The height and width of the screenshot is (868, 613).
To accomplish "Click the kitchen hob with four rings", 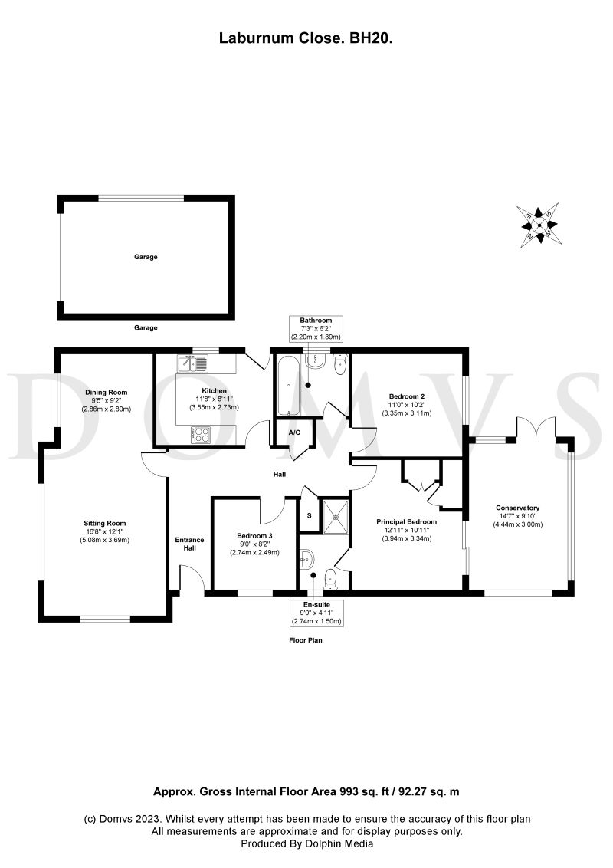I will (x=201, y=434).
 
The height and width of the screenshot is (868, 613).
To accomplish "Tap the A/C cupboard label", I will (x=294, y=432).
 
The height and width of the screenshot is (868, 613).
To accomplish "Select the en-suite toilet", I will (x=331, y=578).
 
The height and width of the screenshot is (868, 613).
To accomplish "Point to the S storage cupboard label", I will (x=308, y=515).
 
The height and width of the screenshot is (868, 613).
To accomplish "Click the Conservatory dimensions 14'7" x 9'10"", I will (x=518, y=516).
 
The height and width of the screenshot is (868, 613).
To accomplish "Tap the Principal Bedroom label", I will (x=406, y=521).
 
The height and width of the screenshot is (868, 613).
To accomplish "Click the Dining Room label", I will (x=106, y=392).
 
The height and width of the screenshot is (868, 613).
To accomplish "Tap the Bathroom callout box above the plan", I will (x=315, y=328).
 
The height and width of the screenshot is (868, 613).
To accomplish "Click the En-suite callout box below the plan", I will (x=316, y=612).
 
